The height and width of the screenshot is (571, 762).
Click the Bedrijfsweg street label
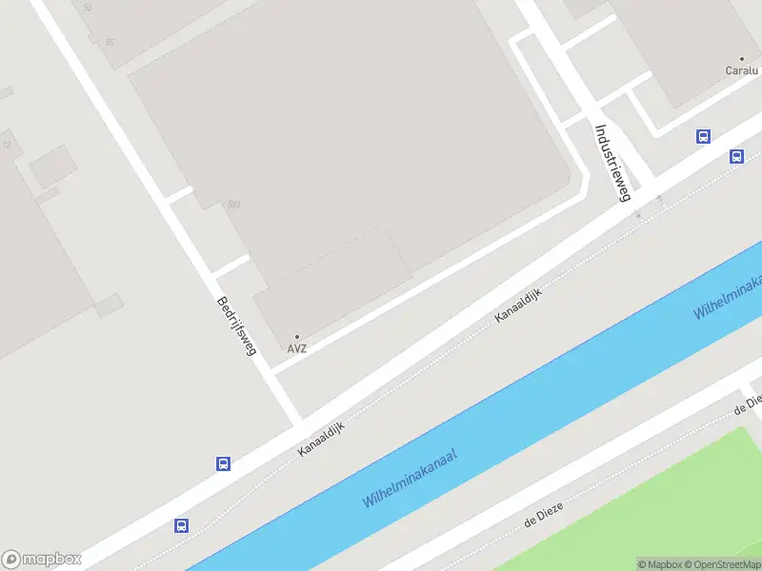[237, 325]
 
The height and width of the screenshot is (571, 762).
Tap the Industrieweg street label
[612, 163]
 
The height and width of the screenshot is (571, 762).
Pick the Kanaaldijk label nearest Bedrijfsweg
[320, 437]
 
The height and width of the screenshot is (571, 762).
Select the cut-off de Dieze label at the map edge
[748, 404]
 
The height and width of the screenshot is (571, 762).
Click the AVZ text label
[297, 349]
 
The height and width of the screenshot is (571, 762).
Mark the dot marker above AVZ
[297, 337]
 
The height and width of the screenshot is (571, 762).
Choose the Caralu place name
[741, 70]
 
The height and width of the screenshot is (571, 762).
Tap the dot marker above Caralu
[741, 59]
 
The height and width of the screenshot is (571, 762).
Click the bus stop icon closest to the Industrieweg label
[703, 136]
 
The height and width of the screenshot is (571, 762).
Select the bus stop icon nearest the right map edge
[736, 156]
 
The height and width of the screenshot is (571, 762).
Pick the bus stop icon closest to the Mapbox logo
[181, 525]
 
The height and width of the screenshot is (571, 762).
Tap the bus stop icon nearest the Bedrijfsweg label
[223, 464]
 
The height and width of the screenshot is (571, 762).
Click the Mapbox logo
[41, 560]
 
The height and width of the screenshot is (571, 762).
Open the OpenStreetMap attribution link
[722, 564]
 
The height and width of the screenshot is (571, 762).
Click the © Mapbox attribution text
[660, 564]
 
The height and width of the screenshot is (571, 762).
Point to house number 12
[7, 145]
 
